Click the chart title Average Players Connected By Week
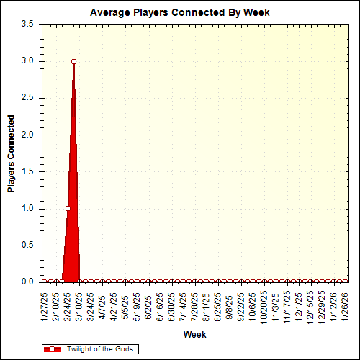pyautogui.click(x=180, y=12)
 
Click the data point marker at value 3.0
pyautogui.click(x=73, y=61)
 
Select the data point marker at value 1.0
pyautogui.click(x=68, y=208)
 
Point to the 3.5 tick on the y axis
pyautogui.click(x=28, y=24)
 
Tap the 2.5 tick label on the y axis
pyautogui.click(x=28, y=98)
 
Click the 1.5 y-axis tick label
pyautogui.click(x=28, y=171)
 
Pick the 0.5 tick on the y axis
pyautogui.click(x=28, y=246)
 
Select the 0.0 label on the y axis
pyautogui.click(x=28, y=282)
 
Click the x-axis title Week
pyautogui.click(x=194, y=335)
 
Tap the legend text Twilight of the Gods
pyautogui.click(x=100, y=349)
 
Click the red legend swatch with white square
pyautogui.click(x=52, y=349)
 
